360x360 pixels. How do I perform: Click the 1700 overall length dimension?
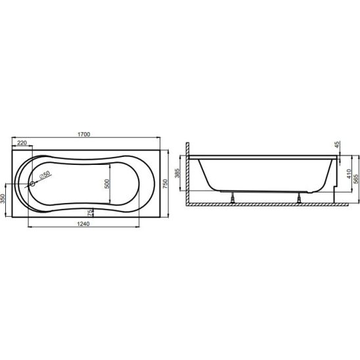coord(84,134)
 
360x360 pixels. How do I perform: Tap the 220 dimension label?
coord(22,143)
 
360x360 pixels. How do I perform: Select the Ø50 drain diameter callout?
coord(45,175)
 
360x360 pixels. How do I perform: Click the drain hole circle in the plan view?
coord(32,183)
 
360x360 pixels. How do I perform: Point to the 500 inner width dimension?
coord(107,184)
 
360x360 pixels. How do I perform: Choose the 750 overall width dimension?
coord(166,184)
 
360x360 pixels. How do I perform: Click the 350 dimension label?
coord(3,199)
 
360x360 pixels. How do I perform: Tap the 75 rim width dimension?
coord(90,213)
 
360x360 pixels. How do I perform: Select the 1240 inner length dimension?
coord(83,223)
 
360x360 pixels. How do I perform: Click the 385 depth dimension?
coord(177,173)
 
